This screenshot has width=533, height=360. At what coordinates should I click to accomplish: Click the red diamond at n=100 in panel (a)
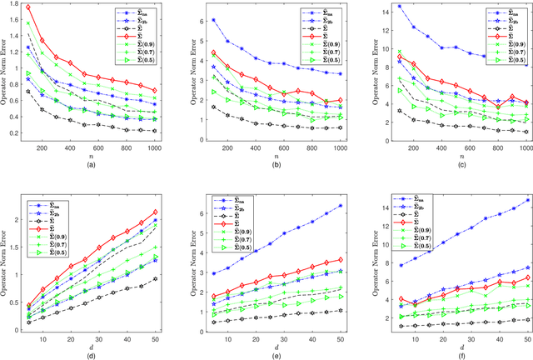(x=52, y=7)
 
